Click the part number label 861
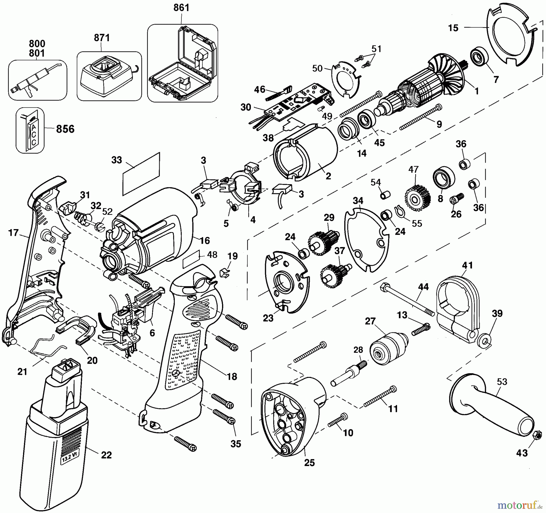coord(181,8)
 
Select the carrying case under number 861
coord(183,63)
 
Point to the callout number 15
coord(453,28)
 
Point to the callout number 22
coord(106,455)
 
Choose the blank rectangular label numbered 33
coord(141,174)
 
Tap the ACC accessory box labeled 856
coord(30,130)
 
